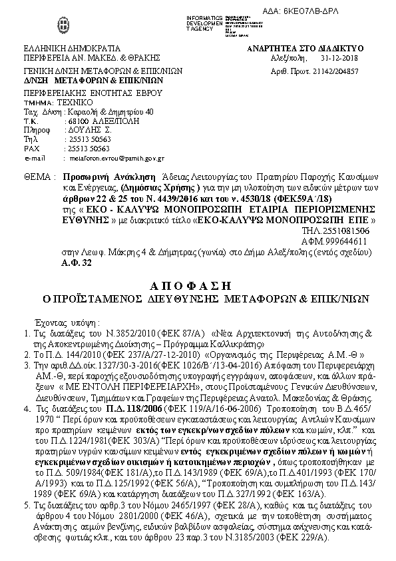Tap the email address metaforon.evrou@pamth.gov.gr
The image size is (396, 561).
click(114, 159)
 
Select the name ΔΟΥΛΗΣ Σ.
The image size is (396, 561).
click(81, 131)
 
